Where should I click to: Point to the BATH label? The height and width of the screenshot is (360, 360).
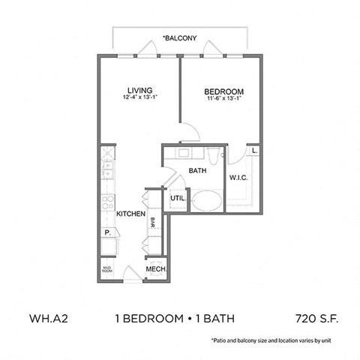197,171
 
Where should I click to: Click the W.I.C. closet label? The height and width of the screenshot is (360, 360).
238,178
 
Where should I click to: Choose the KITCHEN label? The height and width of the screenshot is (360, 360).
130,214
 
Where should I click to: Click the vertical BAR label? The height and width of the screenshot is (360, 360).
152,221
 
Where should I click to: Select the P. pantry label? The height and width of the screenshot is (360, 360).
107,232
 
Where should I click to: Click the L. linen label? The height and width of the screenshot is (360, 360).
255,150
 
